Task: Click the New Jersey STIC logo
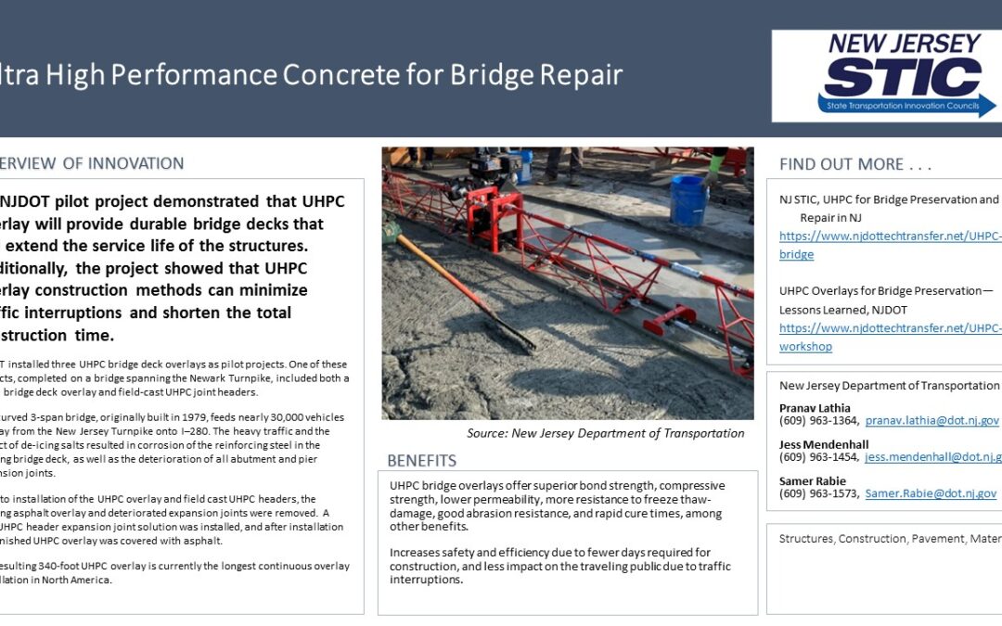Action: (x=885, y=76)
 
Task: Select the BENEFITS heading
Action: (x=421, y=461)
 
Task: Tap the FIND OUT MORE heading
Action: (x=854, y=164)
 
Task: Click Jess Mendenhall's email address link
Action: (x=932, y=456)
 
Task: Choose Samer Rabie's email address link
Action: (x=931, y=493)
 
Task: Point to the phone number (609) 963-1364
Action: (x=819, y=420)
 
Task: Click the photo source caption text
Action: (x=605, y=433)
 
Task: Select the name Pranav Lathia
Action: (x=815, y=407)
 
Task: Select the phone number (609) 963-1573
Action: (x=819, y=493)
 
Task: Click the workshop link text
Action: (x=805, y=346)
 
